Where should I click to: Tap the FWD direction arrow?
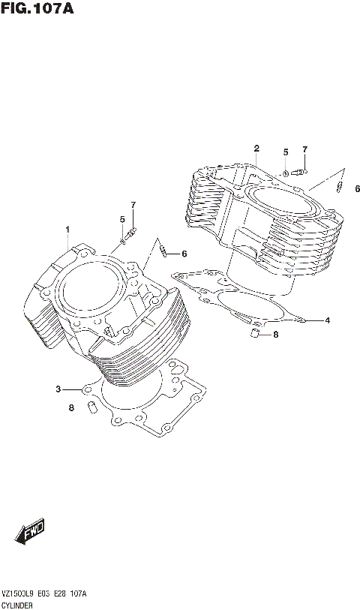pyautogui.click(x=29, y=533)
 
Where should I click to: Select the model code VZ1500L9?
pyautogui.click(x=22, y=593)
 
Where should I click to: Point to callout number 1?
pyautogui.click(x=67, y=229)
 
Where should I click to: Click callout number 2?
pyautogui.click(x=256, y=148)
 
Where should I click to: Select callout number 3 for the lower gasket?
pyautogui.click(x=58, y=389)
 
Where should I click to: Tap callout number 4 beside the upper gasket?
pyautogui.click(x=327, y=321)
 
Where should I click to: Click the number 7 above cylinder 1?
pyautogui.click(x=133, y=205)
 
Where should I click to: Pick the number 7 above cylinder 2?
pyautogui.click(x=305, y=149)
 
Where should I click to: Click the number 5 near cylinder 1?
pyautogui.click(x=121, y=219)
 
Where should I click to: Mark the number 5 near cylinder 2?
pyautogui.click(x=286, y=152)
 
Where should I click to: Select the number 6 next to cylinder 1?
pyautogui.click(x=184, y=253)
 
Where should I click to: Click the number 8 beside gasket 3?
pyautogui.click(x=71, y=408)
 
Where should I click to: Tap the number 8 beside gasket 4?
pyautogui.click(x=275, y=335)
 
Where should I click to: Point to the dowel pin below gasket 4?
pyautogui.click(x=254, y=332)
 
